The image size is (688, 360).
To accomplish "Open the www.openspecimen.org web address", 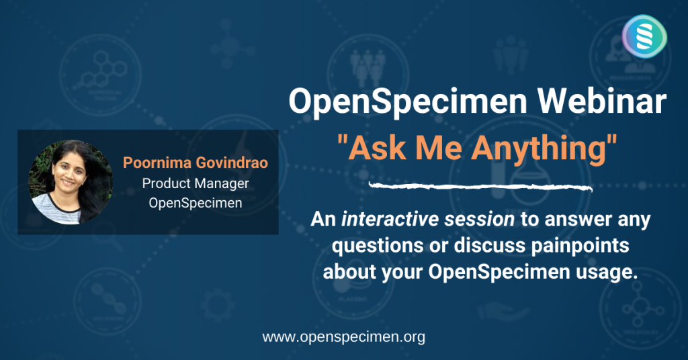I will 343,337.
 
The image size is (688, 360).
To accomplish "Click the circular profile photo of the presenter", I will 60,181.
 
